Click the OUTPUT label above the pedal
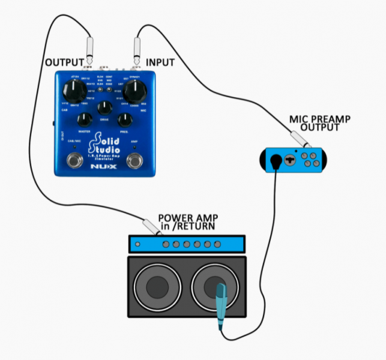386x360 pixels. tap(65, 62)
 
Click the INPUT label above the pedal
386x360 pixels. tap(160, 62)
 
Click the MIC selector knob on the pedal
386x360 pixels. tap(137, 91)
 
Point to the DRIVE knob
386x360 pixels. tap(105, 109)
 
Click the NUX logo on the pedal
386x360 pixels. tap(105, 166)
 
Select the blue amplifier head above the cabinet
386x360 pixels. tap(187, 244)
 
